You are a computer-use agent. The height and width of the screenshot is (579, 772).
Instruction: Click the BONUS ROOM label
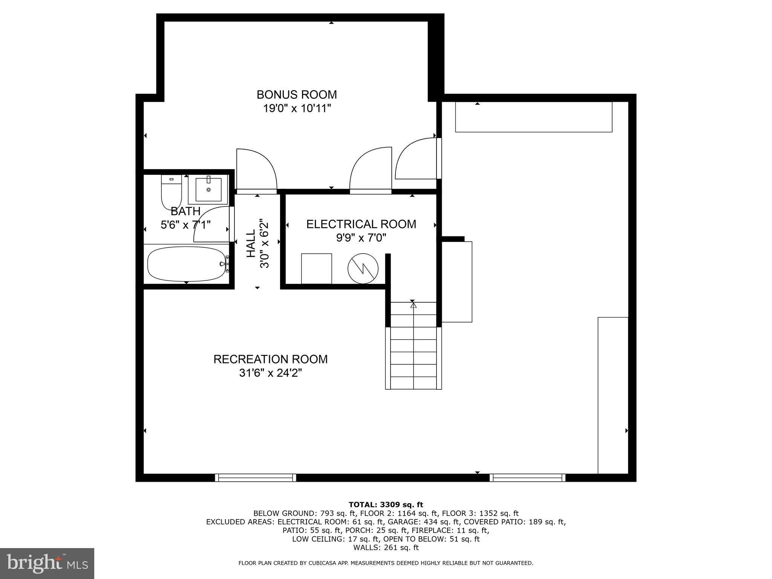coord(297,94)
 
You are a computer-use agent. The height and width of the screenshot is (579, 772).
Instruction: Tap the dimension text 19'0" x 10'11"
coord(297,109)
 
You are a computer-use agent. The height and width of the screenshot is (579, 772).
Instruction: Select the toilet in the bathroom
coord(171,192)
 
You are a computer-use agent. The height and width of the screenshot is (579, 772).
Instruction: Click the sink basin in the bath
coord(208,190)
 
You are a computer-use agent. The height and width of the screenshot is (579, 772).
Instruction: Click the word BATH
coord(185,211)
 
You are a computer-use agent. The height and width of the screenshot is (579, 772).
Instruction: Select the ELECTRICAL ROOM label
coord(361,224)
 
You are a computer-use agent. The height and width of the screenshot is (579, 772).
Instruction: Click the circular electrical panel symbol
coord(363,268)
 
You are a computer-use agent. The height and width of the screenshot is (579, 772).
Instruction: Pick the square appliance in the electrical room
coord(316,268)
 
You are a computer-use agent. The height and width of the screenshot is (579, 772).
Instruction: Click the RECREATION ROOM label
coord(270,359)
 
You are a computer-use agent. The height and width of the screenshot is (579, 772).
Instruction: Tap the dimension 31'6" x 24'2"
coord(270,373)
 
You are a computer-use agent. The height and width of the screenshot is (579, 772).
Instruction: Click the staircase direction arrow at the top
coord(413,305)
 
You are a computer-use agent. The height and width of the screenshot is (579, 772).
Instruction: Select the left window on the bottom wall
coord(256,478)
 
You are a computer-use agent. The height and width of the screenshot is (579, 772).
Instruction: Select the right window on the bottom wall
coord(527,478)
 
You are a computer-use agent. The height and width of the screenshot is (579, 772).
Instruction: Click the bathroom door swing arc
coord(211,224)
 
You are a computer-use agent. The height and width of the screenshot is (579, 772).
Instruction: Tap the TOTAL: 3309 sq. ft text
coord(386,505)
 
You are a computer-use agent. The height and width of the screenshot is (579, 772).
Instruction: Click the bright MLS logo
coord(47,564)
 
